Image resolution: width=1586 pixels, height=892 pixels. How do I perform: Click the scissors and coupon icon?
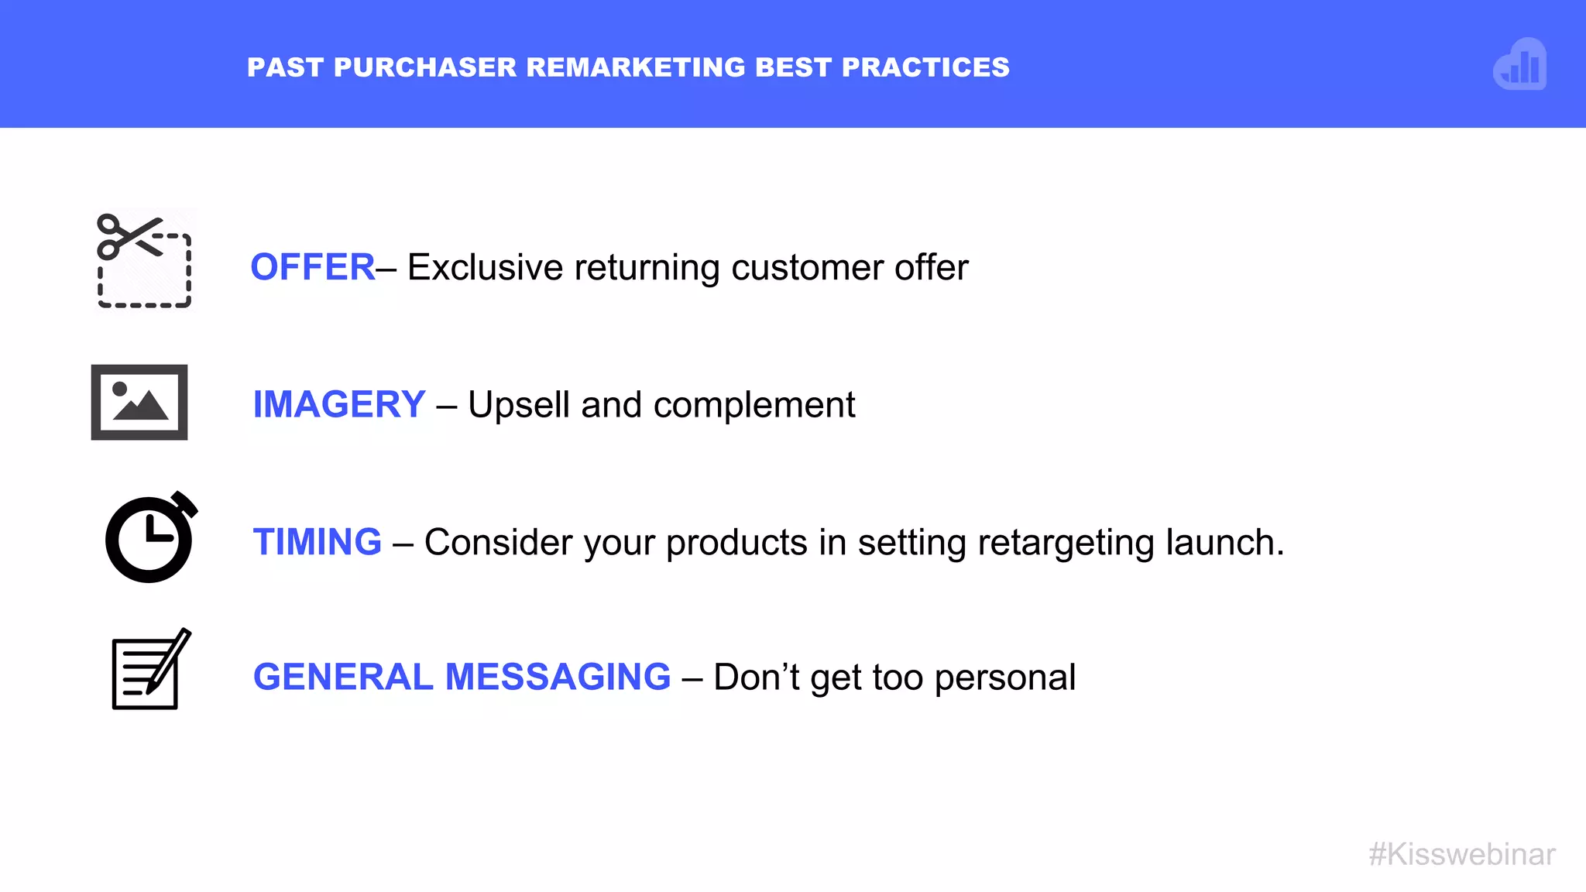tap(144, 261)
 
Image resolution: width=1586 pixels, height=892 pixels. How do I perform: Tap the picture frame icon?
tap(139, 403)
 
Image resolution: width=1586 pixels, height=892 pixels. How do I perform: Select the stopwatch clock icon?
tap(150, 538)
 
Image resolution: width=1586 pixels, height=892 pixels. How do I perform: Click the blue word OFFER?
tap(313, 268)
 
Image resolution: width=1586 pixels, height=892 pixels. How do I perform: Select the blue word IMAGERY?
tap(339, 405)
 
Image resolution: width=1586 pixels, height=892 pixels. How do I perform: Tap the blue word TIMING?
tap(318, 542)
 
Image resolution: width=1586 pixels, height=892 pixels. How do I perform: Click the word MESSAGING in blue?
tap(558, 678)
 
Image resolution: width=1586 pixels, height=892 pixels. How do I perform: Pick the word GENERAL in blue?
tap(343, 678)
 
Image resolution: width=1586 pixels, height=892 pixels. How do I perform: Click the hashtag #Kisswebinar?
tap(1461, 855)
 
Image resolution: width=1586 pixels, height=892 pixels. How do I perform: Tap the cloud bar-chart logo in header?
tap(1520, 65)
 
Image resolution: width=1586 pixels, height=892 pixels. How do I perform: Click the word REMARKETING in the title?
tap(636, 68)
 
